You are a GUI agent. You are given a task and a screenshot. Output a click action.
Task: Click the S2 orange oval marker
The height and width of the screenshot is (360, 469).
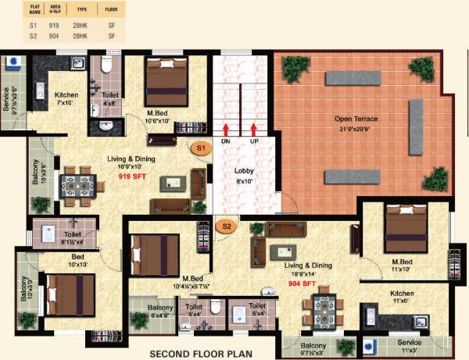pyautogui.click(x=227, y=226)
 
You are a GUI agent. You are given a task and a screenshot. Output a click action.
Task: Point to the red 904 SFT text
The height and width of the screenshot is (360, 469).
pyautogui.click(x=301, y=284)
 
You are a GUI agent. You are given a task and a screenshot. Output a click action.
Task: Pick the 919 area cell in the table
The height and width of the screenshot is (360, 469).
pyautogui.click(x=53, y=26)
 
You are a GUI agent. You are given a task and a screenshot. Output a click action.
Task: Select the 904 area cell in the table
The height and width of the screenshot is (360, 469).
pyautogui.click(x=53, y=36)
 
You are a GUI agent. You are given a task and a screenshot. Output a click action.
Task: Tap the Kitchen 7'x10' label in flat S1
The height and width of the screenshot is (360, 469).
pyautogui.click(x=66, y=98)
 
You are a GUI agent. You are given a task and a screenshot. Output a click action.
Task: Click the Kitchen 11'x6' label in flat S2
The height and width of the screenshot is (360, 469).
pyautogui.click(x=402, y=298)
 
